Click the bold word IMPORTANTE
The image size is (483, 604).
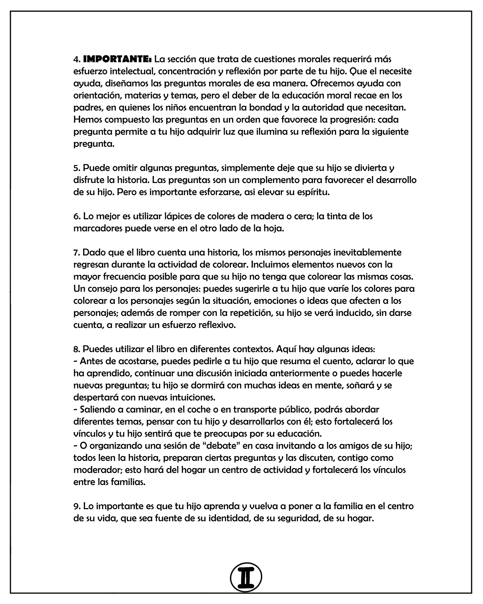(117, 59)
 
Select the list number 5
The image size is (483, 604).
(77, 168)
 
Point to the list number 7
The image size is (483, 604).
(77, 252)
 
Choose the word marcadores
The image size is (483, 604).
(98, 228)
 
